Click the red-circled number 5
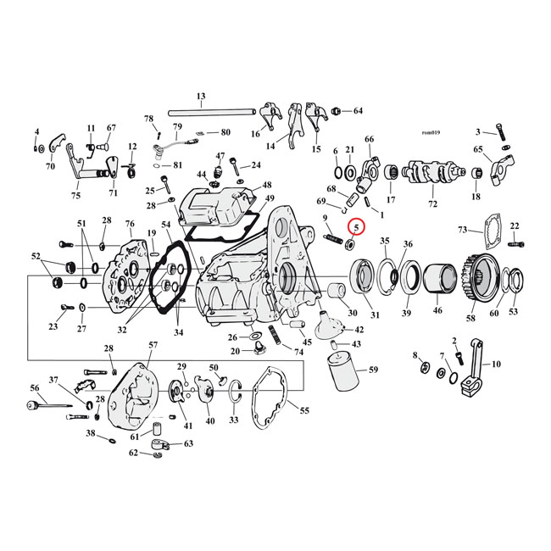tap(357, 227)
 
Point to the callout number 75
tap(76, 196)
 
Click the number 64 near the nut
tap(357, 111)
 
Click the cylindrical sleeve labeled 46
tap(438, 281)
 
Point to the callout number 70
tap(50, 167)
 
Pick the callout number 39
tap(406, 314)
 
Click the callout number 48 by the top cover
tap(267, 185)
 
